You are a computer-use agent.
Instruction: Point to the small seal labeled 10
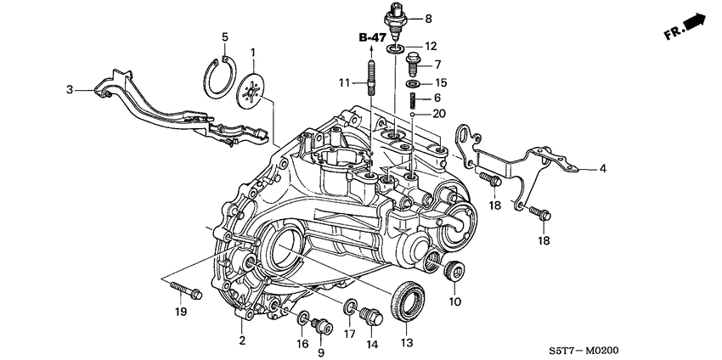point(455,273)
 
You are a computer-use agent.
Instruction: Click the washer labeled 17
point(350,307)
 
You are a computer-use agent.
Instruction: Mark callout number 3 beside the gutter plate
point(72,87)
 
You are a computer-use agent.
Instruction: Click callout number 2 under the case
point(242,340)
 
